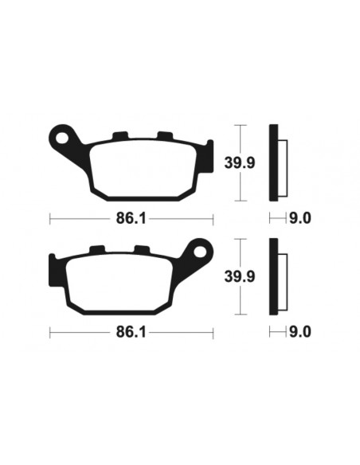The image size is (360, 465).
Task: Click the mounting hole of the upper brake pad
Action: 62,136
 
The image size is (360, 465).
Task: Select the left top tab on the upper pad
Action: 121,135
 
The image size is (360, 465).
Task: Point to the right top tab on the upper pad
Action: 165,135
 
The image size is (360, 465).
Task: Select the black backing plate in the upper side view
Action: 275,163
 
